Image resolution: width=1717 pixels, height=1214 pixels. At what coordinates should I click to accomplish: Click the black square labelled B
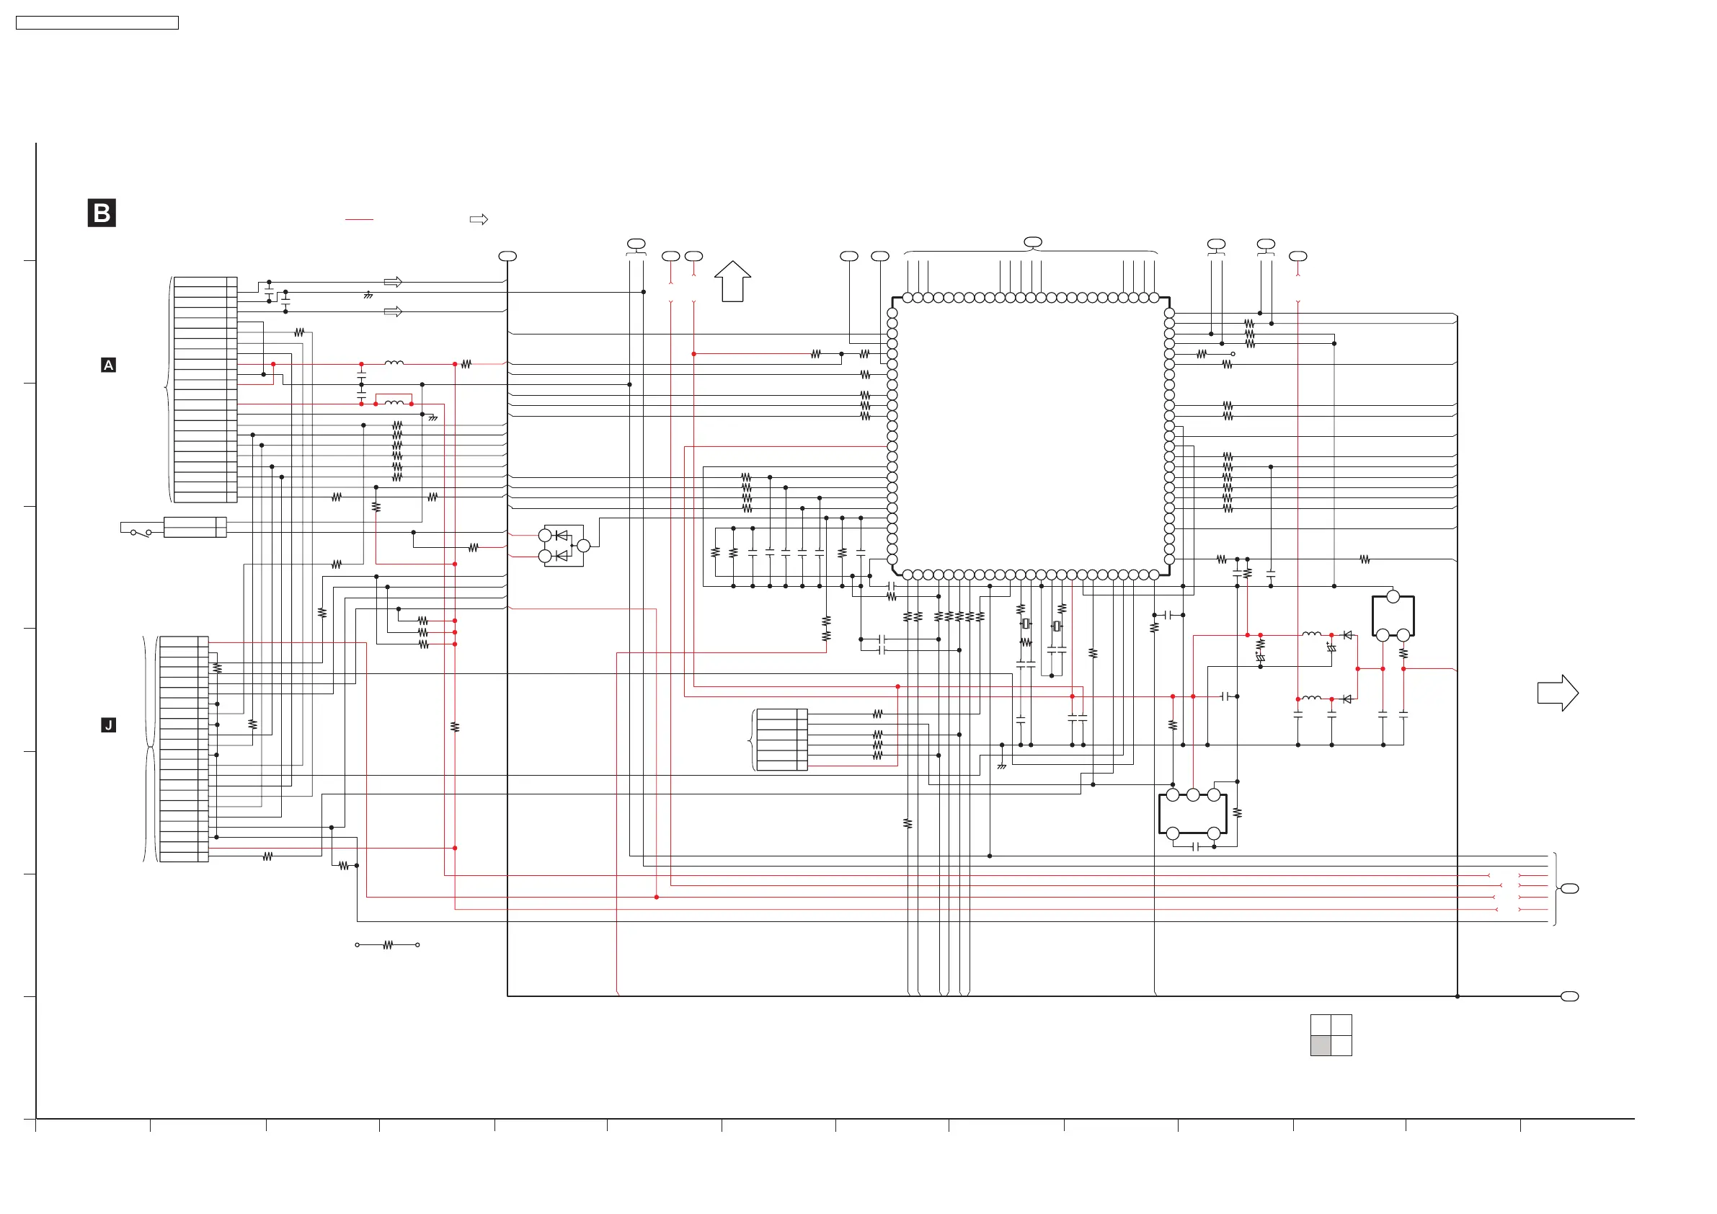[102, 213]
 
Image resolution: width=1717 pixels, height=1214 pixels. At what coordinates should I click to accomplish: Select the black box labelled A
[108, 365]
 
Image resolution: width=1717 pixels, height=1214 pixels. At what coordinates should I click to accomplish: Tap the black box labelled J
[108, 725]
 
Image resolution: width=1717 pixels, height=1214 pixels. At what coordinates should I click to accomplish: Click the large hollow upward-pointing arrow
[732, 281]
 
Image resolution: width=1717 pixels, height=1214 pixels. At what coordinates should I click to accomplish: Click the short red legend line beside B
[359, 219]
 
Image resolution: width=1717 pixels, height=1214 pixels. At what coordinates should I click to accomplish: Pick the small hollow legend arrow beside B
[479, 219]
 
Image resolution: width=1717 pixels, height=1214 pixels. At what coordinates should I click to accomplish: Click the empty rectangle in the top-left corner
[97, 23]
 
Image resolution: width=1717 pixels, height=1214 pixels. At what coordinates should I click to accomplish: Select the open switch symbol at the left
[141, 533]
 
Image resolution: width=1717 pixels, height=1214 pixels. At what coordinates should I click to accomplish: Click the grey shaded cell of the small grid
[1321, 1045]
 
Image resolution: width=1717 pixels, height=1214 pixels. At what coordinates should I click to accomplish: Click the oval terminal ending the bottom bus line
[1570, 996]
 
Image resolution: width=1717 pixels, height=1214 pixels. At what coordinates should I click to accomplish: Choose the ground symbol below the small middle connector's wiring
[1002, 766]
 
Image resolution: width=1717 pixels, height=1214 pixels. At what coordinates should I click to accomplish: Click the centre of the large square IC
[1031, 436]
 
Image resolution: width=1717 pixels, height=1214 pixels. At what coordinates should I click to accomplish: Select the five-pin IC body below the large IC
[1193, 814]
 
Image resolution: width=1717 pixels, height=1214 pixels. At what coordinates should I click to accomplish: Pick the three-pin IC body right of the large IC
[1393, 616]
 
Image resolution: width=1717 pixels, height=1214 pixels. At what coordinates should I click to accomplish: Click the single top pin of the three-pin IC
[1393, 597]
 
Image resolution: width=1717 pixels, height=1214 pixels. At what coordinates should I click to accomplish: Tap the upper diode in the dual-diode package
[561, 536]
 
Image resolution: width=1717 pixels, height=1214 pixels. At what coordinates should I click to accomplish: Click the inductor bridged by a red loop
[394, 403]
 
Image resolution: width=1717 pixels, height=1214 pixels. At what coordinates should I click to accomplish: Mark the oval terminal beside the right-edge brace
[1570, 889]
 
